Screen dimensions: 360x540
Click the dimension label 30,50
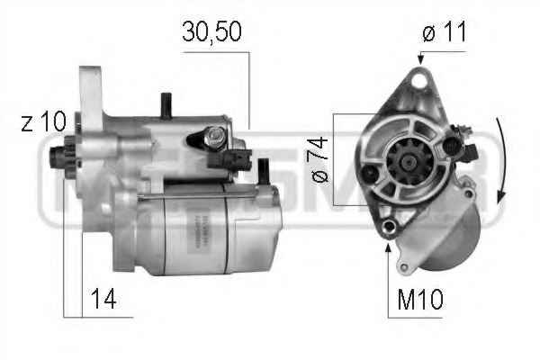[212, 32]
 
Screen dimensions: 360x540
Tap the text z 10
[40, 124]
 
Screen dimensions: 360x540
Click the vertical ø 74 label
[318, 160]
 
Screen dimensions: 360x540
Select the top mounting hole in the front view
[416, 84]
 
